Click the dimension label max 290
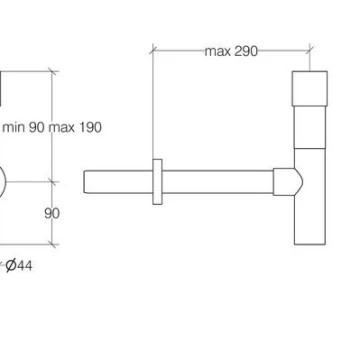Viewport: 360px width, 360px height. click(231, 51)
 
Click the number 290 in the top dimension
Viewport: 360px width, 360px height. click(246, 51)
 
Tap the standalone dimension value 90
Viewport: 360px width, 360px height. click(52, 213)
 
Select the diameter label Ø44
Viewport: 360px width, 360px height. click(19, 266)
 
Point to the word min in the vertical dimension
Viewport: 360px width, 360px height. click(14, 127)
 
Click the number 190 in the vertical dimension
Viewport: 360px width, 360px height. click(89, 127)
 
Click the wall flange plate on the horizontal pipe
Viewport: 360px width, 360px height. click(157, 182)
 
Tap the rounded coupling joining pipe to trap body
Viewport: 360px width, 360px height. click(288, 182)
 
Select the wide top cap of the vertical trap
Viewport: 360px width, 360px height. click(310, 88)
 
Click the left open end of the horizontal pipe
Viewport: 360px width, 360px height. click(84, 182)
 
